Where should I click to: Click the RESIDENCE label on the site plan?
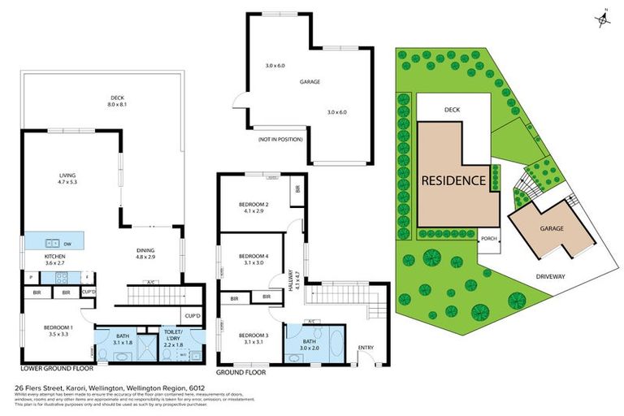pos(454,180)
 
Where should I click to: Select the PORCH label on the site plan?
pos(488,238)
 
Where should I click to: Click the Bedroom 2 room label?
pos(253,207)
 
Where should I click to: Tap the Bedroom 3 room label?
pos(253,338)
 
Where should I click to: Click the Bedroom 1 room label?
pos(58,331)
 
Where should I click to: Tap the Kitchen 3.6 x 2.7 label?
pos(55,259)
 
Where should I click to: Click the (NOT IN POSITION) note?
pos(279,139)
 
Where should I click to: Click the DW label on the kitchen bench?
pos(77,242)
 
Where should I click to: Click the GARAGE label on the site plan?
pos(552,228)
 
